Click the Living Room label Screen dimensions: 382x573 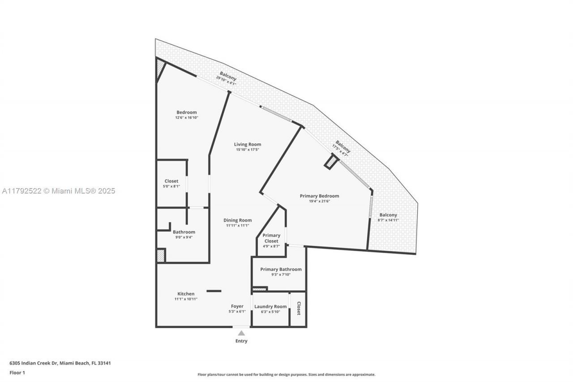248,144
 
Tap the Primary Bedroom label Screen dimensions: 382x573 319,196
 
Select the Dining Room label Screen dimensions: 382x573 238,220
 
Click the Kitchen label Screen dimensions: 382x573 186,294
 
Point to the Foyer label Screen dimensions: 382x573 237,306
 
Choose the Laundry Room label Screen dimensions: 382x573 270,307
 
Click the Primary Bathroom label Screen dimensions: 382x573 281,269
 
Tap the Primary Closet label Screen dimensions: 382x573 271,238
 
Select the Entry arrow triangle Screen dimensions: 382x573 241,333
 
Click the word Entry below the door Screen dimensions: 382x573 241,341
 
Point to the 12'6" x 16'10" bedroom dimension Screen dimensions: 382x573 186,118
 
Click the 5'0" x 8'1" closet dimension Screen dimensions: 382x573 171,186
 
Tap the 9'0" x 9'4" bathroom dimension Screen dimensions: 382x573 184,237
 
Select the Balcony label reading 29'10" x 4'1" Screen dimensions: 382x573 227,77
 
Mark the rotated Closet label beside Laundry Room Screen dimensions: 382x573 299,309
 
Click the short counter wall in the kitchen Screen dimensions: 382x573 214,291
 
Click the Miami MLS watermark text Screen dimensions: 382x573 58,191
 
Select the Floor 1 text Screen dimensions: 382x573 17,372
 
